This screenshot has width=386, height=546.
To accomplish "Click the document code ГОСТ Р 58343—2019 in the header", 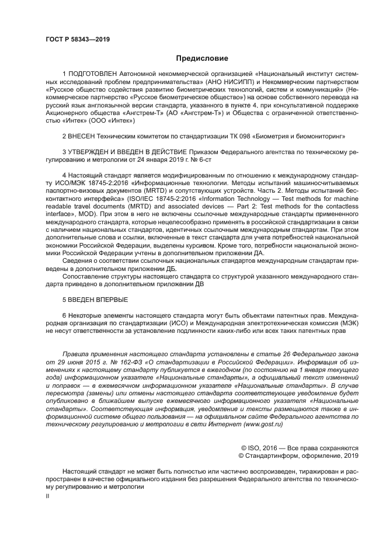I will point(78,40).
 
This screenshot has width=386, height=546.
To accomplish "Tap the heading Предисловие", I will point(203,58).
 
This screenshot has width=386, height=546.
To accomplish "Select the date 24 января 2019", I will point(160,159).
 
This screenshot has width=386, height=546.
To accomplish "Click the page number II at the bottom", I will point(48,495).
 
